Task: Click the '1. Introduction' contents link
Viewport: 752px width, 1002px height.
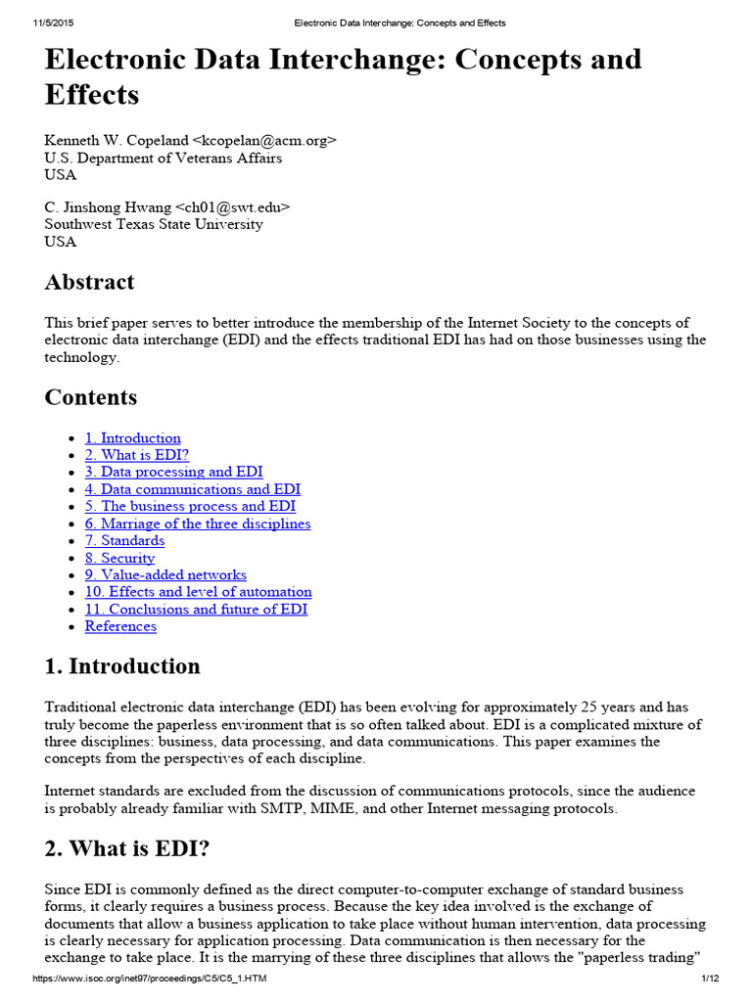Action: [x=132, y=438]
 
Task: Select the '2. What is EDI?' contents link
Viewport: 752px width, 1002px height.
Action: [x=136, y=455]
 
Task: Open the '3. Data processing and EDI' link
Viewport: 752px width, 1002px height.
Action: [x=173, y=472]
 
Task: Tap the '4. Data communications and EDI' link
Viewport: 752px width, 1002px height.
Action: [x=192, y=489]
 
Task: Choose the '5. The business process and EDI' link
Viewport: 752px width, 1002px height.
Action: [x=190, y=506]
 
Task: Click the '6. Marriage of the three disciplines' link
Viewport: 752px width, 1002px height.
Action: [x=197, y=524]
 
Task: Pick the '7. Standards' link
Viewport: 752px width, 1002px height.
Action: [x=124, y=540]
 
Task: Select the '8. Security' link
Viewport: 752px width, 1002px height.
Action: [x=119, y=558]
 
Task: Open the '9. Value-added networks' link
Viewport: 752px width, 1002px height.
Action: [x=165, y=574]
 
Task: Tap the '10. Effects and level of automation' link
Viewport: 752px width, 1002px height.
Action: [x=198, y=592]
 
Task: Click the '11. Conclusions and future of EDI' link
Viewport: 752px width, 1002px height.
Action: [x=196, y=609]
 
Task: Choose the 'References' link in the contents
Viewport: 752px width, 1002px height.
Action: [x=120, y=626]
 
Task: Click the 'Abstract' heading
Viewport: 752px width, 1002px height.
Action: [x=90, y=283]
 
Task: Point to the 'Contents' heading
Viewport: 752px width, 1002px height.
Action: [x=91, y=397]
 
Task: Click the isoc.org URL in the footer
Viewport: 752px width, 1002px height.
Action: [x=150, y=979]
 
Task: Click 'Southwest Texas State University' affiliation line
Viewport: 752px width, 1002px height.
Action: [x=154, y=224]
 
